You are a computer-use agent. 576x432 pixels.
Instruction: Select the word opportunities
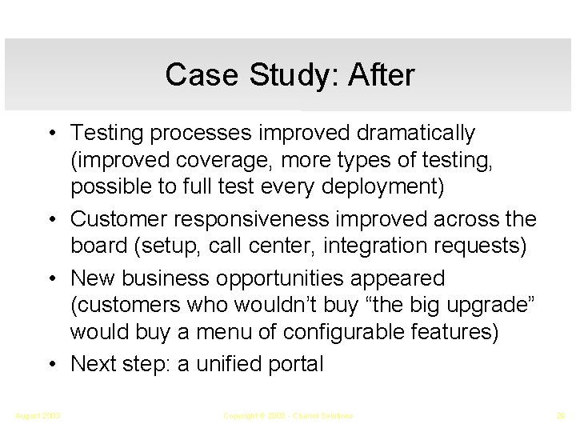(289, 278)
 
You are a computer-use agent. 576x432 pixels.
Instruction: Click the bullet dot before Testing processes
(50, 132)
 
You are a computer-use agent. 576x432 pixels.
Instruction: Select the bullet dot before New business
(50, 278)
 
